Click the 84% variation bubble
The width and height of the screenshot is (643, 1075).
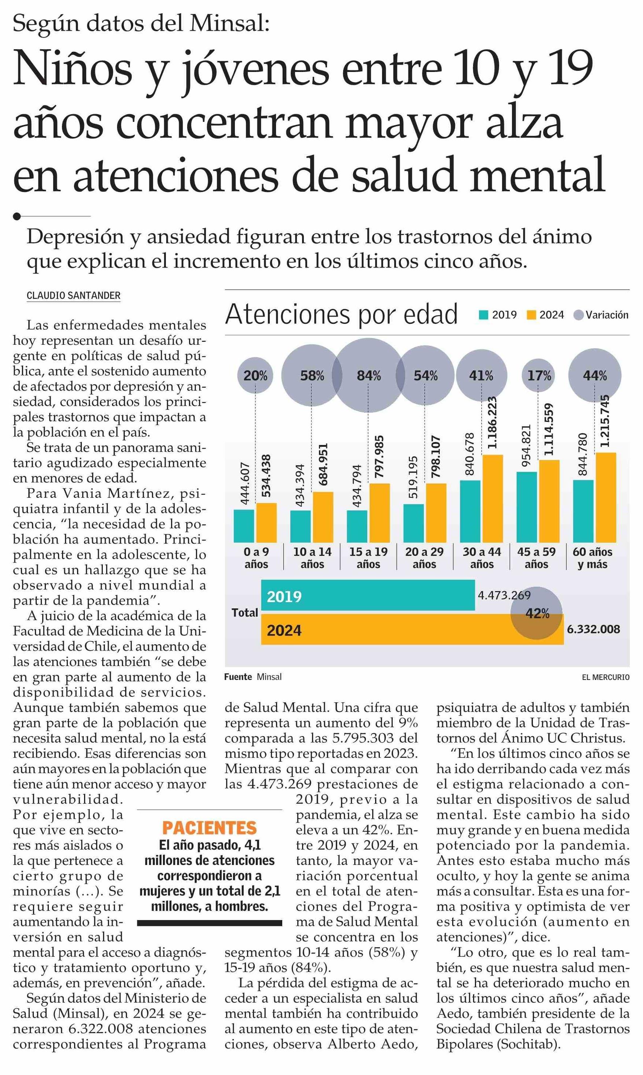pyautogui.click(x=369, y=375)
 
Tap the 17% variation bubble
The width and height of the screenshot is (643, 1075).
pyautogui.click(x=538, y=375)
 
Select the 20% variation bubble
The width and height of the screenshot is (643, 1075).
pyautogui.click(x=255, y=375)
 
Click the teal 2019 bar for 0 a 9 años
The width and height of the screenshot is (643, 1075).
pyautogui.click(x=244, y=526)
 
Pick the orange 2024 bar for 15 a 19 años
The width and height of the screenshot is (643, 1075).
pyautogui.click(x=379, y=513)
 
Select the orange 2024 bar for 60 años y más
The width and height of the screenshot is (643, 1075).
pyautogui.click(x=606, y=497)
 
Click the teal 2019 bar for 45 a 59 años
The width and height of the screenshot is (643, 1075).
pyautogui.click(x=527, y=507)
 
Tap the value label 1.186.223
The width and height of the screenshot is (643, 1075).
pyautogui.click(x=492, y=423)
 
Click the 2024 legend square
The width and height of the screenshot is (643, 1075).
pyautogui.click(x=531, y=315)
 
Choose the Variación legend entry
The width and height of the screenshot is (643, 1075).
pyautogui.click(x=600, y=315)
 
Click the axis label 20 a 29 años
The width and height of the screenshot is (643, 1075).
pyautogui.click(x=424, y=558)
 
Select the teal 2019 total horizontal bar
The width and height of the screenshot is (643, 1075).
pyautogui.click(x=368, y=595)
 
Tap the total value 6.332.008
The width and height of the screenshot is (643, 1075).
pyautogui.click(x=593, y=629)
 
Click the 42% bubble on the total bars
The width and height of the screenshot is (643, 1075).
pyautogui.click(x=537, y=613)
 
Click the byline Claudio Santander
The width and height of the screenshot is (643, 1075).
pyautogui.click(x=74, y=296)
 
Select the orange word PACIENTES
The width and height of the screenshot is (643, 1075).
pyautogui.click(x=210, y=828)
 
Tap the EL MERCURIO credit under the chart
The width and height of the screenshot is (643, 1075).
pyautogui.click(x=605, y=677)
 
